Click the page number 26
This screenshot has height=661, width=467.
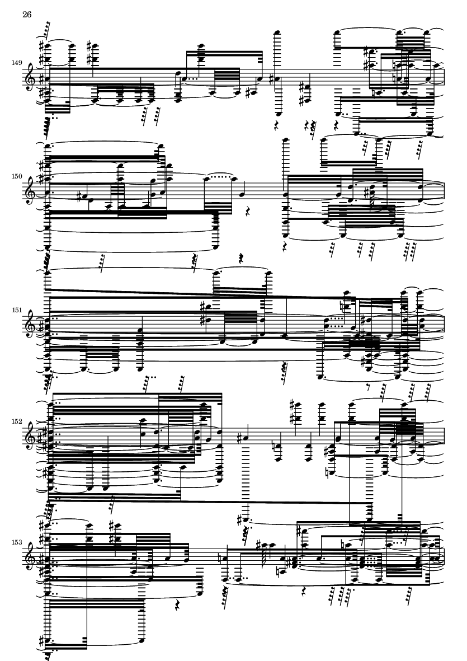click(x=27, y=15)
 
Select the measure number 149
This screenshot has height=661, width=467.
click(x=17, y=63)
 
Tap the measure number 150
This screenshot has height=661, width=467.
click(x=17, y=176)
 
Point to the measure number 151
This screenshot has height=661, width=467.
click(x=17, y=310)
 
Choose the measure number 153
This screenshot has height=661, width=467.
click(x=17, y=542)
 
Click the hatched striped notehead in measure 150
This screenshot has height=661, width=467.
click(x=371, y=193)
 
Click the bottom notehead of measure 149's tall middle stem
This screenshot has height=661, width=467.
click(x=277, y=114)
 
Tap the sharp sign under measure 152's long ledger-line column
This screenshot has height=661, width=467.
click(x=239, y=519)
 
